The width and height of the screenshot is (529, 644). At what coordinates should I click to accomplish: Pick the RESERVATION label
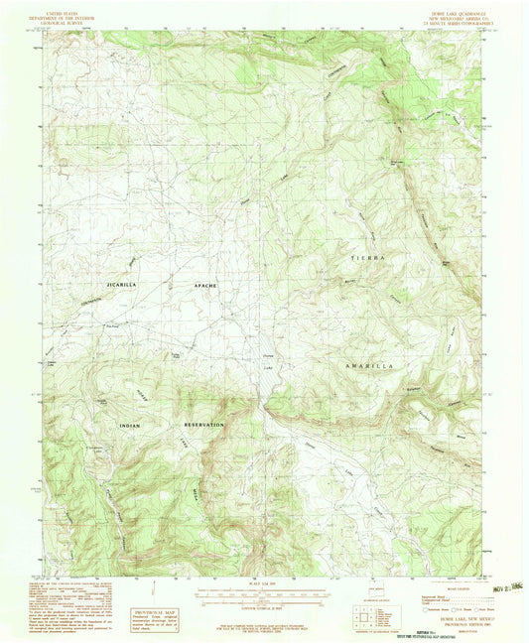pos(203,425)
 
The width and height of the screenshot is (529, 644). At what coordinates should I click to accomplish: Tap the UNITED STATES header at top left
pos(78,11)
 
